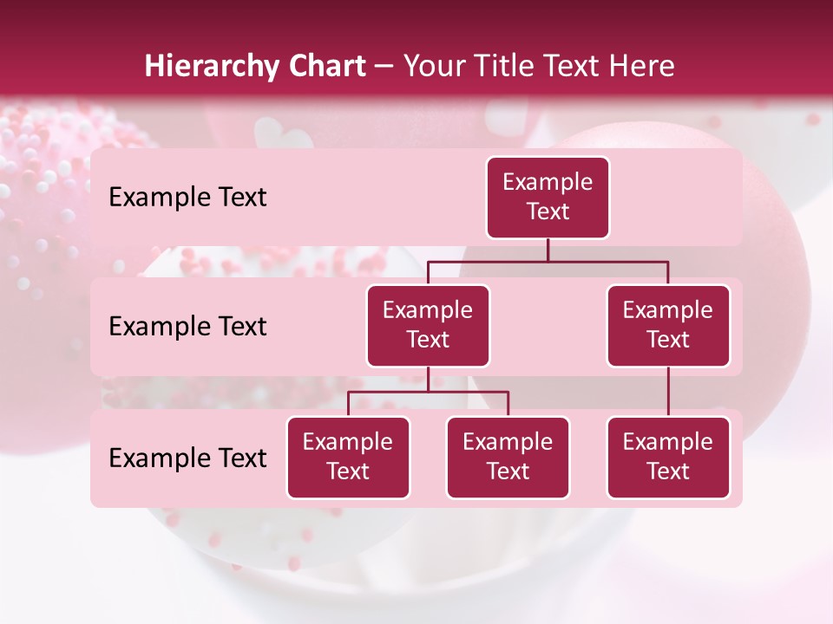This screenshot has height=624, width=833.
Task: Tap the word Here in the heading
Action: pyautogui.click(x=641, y=67)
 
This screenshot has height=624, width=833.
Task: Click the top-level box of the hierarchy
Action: pyautogui.click(x=548, y=198)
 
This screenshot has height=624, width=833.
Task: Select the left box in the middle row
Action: pyautogui.click(x=428, y=326)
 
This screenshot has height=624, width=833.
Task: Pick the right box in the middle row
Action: pyautogui.click(x=668, y=326)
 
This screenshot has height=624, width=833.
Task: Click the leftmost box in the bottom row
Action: pyautogui.click(x=348, y=458)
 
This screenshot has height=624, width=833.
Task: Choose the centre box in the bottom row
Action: pyautogui.click(x=508, y=458)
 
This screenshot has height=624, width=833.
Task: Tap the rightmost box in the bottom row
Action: pyautogui.click(x=668, y=458)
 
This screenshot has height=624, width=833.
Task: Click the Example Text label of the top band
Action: pyautogui.click(x=187, y=198)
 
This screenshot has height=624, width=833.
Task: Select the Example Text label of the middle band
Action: pyautogui.click(x=187, y=327)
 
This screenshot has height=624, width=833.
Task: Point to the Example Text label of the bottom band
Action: pyautogui.click(x=187, y=458)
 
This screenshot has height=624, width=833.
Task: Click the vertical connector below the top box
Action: pyautogui.click(x=548, y=250)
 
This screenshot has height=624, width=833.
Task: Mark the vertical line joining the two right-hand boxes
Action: pyautogui.click(x=668, y=392)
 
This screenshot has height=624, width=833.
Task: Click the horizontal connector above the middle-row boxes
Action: pyautogui.click(x=548, y=261)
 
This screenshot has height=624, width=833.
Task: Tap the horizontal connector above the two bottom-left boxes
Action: pyautogui.click(x=428, y=392)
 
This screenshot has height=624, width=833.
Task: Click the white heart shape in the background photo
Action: pyautogui.click(x=284, y=134)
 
